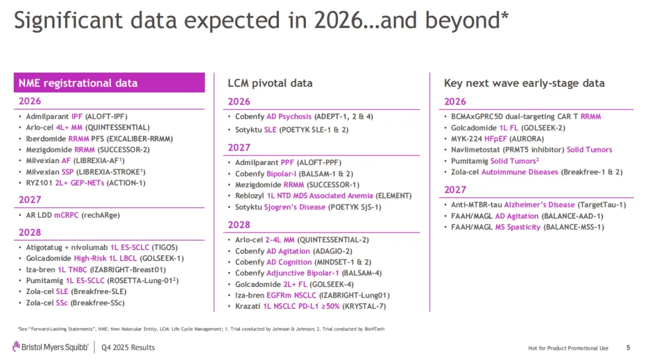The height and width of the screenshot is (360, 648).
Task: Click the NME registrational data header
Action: (x=78, y=83)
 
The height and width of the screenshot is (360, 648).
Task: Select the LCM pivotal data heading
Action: (x=270, y=83)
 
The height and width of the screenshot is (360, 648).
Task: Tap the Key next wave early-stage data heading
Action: (x=524, y=83)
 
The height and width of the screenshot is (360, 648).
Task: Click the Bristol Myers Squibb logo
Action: (x=50, y=347)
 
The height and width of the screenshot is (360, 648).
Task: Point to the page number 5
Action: (x=628, y=347)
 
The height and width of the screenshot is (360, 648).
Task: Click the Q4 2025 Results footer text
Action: (x=128, y=347)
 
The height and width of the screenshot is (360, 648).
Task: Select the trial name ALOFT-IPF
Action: (x=108, y=116)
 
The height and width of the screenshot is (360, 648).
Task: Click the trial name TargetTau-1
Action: (x=602, y=205)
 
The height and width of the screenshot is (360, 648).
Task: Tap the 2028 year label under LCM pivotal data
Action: (x=239, y=225)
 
